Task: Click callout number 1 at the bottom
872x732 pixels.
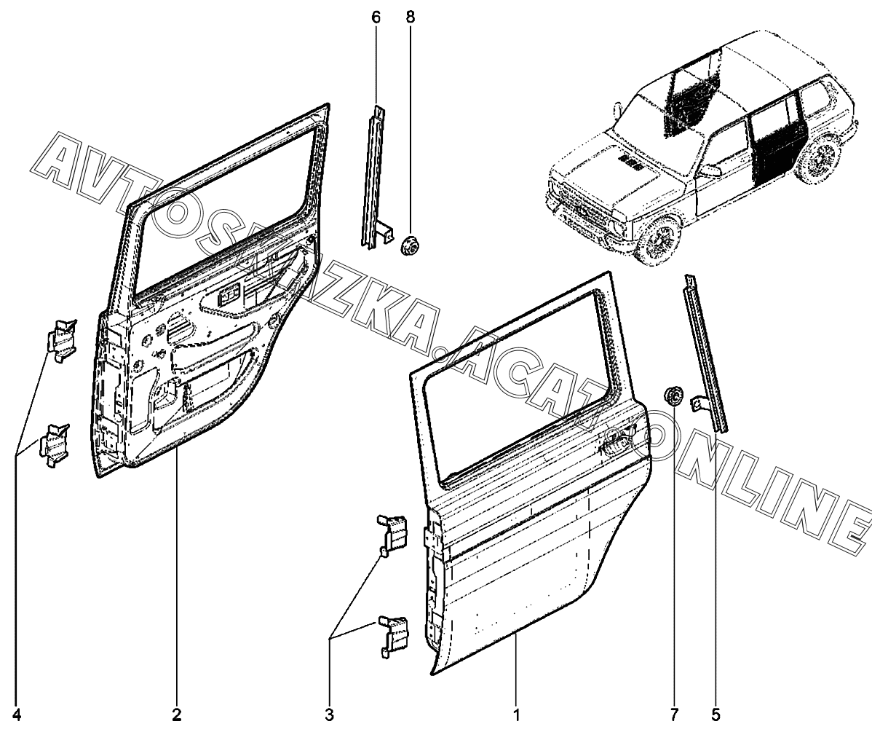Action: coord(516,715)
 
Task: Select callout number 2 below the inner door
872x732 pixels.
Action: coord(177,715)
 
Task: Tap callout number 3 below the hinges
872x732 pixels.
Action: coord(330,715)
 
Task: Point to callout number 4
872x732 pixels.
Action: coord(16,715)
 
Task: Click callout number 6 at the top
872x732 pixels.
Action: coord(376,17)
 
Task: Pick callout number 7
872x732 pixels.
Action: coord(674,715)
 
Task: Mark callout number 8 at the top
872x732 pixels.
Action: coord(411,17)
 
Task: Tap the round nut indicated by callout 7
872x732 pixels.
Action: coord(674,396)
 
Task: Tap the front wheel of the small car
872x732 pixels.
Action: coord(658,239)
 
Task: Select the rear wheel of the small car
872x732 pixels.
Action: coord(817,158)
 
